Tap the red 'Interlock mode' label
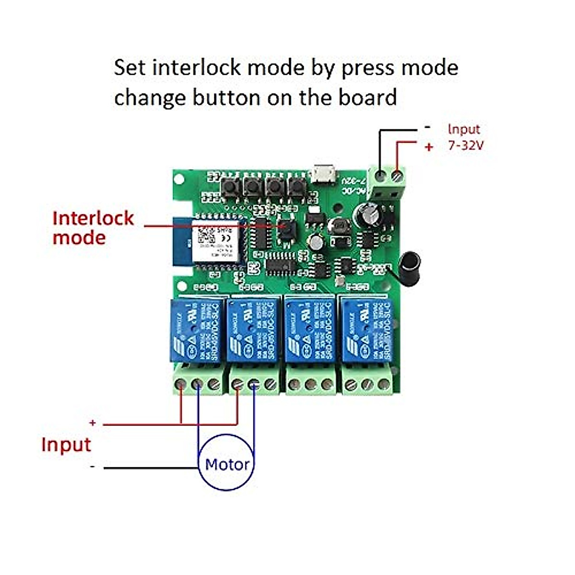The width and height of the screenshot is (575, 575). [93, 228]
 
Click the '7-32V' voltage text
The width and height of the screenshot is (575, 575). [466, 145]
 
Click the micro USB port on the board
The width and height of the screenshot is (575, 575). [323, 173]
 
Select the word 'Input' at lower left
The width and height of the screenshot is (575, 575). [66, 445]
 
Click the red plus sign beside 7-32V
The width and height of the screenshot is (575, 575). [429, 147]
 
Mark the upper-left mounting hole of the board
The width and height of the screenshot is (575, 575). [179, 179]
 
